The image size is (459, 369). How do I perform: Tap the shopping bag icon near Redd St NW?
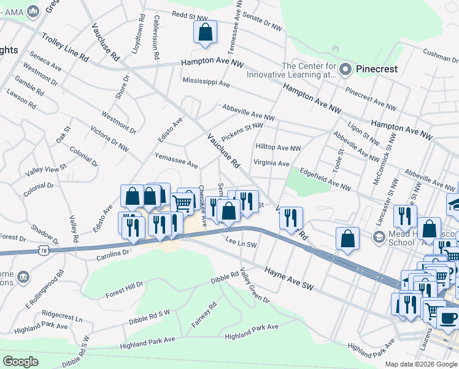click(x=206, y=33)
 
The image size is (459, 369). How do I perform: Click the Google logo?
click(x=20, y=362)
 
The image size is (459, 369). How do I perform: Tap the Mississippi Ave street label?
click(x=206, y=82)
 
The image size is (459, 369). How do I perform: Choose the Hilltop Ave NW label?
click(x=278, y=148)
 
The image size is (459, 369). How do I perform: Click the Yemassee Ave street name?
click(x=176, y=161)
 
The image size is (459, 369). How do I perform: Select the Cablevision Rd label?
click(x=156, y=38)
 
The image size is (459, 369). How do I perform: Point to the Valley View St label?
click(x=45, y=168)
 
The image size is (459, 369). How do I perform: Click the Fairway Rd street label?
click(x=204, y=314)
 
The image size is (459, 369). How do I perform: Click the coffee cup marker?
click(x=447, y=317)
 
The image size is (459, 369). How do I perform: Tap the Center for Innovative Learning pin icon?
click(x=345, y=69)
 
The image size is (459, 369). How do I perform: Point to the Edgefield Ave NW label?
click(x=324, y=178)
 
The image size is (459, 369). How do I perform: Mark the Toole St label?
click(x=338, y=161)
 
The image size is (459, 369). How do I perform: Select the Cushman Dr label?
click(x=436, y=57)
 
